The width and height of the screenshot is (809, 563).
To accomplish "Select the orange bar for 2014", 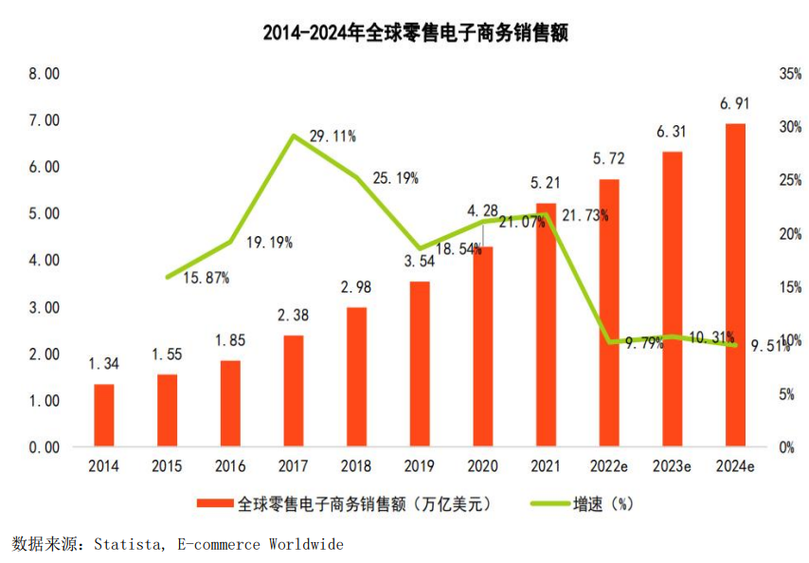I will (104, 415).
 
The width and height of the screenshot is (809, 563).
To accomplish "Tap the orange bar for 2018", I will (356, 376).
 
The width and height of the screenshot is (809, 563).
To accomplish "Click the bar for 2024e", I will (735, 284).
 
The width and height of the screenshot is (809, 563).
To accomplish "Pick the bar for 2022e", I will (609, 313).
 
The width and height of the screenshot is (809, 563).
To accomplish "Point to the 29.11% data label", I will (333, 136).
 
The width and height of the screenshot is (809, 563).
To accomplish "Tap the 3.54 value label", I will (420, 261).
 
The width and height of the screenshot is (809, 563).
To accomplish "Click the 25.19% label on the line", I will (395, 177).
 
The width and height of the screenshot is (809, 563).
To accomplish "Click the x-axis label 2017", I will (293, 467).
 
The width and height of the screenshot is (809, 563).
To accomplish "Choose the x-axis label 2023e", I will (672, 467).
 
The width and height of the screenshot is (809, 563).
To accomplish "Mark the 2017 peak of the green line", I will (294, 136).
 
